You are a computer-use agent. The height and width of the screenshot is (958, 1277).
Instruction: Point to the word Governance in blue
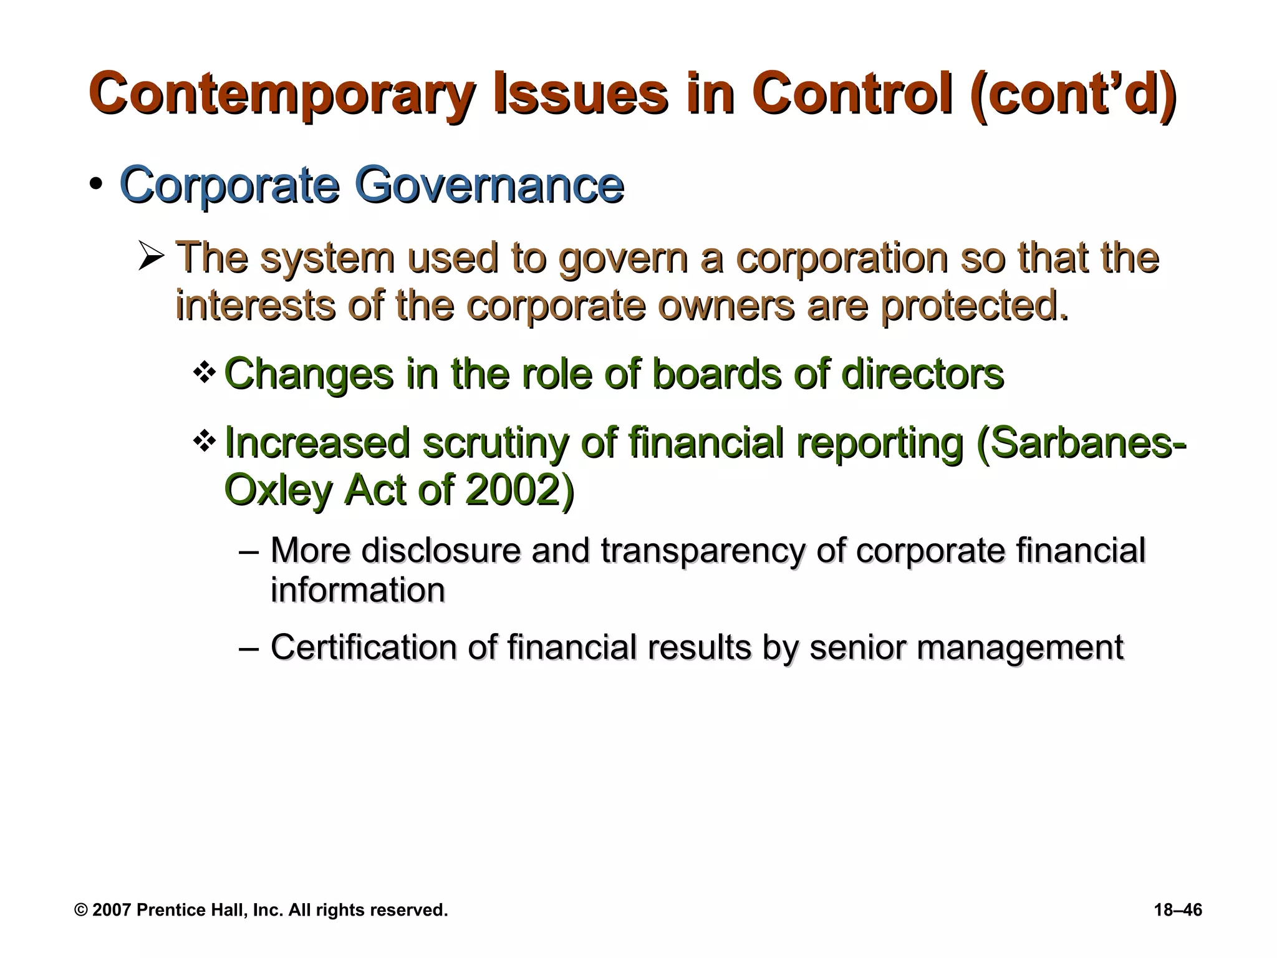(489, 185)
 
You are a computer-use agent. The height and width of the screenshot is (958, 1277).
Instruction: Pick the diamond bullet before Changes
(205, 374)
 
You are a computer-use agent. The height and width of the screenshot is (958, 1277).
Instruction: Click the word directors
(922, 374)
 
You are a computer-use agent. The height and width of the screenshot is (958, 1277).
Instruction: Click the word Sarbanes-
(1081, 443)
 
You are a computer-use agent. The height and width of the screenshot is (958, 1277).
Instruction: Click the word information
(358, 590)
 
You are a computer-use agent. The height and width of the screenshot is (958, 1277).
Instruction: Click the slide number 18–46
(1178, 910)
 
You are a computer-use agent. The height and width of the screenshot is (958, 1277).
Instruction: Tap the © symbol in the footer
(80, 910)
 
